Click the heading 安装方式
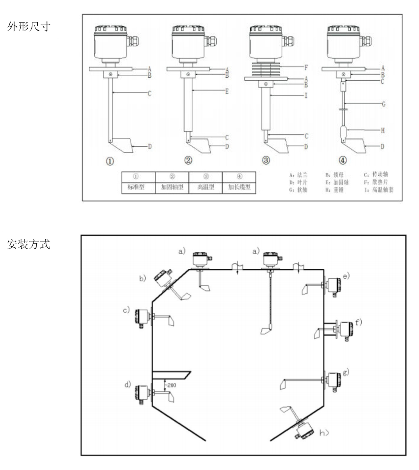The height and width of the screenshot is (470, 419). click(x=29, y=244)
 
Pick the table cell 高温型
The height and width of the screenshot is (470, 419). click(x=206, y=187)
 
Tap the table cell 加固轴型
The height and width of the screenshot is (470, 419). click(x=172, y=187)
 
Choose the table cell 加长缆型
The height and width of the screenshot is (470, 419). click(x=239, y=187)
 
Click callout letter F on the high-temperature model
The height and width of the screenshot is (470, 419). click(x=306, y=68)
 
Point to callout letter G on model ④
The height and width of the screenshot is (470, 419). click(x=384, y=104)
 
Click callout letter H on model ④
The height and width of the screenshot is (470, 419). click(x=383, y=131)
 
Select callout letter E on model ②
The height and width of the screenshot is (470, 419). click(x=227, y=91)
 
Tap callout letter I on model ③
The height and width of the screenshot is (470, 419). click(x=306, y=96)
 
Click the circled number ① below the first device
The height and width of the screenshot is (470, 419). click(x=109, y=161)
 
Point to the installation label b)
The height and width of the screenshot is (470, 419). click(x=142, y=279)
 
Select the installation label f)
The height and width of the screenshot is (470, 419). click(x=358, y=323)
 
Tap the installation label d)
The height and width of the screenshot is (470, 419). click(x=128, y=385)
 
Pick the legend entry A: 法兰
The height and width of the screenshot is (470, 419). click(x=298, y=175)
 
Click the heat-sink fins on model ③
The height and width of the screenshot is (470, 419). click(x=266, y=70)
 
